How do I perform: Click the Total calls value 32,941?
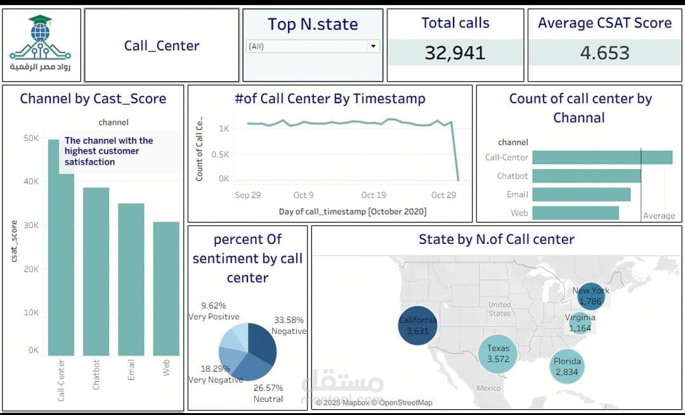[x=455, y=53]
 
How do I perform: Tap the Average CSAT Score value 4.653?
[x=604, y=53]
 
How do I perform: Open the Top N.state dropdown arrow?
[x=374, y=46]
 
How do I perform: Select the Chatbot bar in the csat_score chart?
[x=96, y=271]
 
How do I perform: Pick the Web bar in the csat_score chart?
[x=166, y=288]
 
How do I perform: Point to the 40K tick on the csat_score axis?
[x=31, y=181]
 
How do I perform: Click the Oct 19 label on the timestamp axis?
[x=374, y=195]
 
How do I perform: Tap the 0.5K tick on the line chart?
[x=219, y=155]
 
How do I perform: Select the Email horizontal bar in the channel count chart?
[x=582, y=195]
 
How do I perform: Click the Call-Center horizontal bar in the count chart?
[x=603, y=158]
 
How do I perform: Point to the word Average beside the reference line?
[x=659, y=215]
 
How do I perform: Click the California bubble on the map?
[x=417, y=326]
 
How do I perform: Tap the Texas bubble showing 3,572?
[x=498, y=354]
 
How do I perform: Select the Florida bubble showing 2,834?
[x=567, y=367]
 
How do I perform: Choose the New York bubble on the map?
[x=590, y=296]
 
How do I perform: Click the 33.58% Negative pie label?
[x=289, y=326]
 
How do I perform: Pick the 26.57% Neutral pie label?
[x=268, y=393]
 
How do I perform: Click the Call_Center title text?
[x=162, y=46]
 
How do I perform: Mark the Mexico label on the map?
[x=488, y=388]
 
